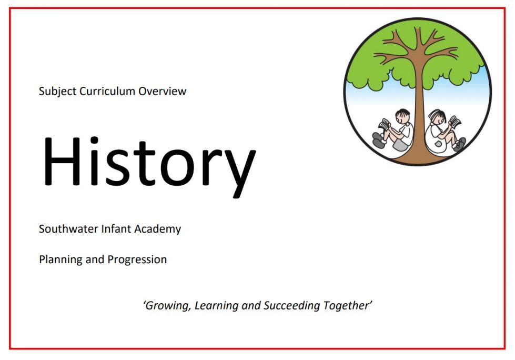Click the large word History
coord(149,165)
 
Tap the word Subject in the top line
coord(58,91)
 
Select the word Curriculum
coord(107,91)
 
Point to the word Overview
coord(162,91)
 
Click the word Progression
coord(137,260)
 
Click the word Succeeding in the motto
coord(291,306)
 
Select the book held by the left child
coord(384,125)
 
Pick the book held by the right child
coord(455,122)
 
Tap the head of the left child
coord(402,116)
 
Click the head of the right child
coord(437,117)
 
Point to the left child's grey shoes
coord(379,140)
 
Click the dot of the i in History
coord(95,140)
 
